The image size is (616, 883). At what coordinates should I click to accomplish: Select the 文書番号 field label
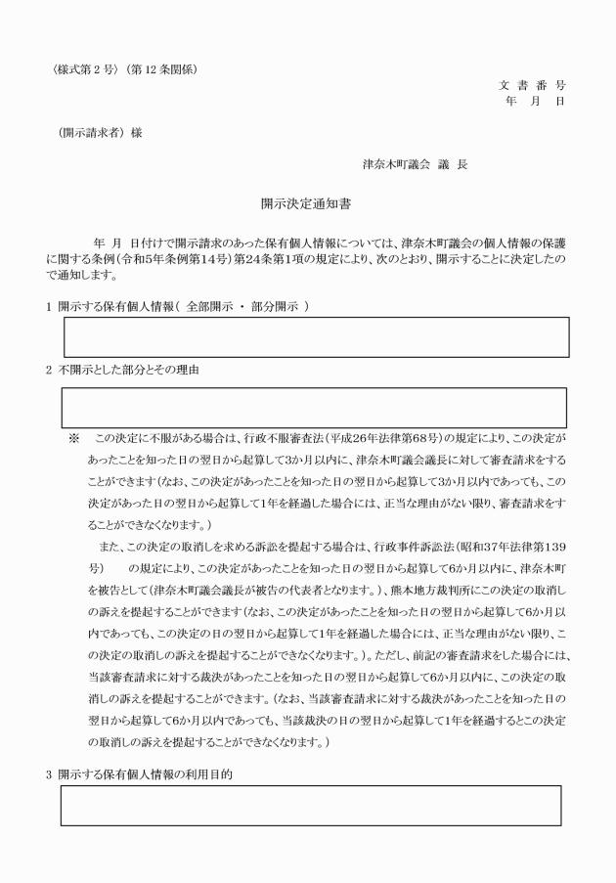pyautogui.click(x=532, y=86)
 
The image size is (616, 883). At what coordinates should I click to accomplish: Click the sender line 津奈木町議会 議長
pyautogui.click(x=415, y=164)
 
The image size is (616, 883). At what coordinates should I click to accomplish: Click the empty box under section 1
pyautogui.click(x=316, y=336)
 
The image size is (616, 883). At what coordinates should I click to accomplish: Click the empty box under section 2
pyautogui.click(x=314, y=407)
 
